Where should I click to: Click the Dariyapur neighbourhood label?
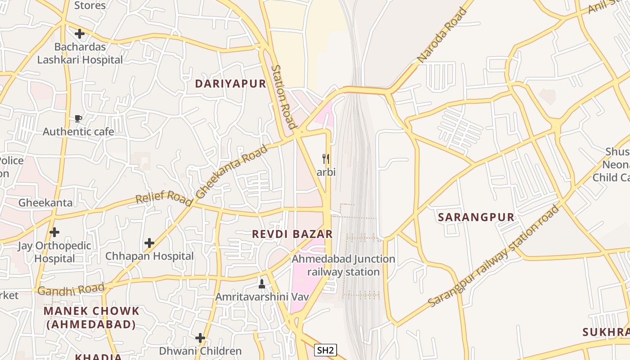tap(230, 84)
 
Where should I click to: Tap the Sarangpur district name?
tap(476, 217)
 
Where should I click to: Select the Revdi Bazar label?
tap(292, 234)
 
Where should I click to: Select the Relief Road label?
tap(164, 198)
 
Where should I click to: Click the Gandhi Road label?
tap(71, 290)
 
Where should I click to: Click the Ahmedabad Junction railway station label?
tap(343, 265)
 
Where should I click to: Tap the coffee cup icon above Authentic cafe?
tap(78, 119)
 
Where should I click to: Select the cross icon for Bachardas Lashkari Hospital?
tap(80, 34)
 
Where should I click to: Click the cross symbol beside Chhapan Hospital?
tap(149, 243)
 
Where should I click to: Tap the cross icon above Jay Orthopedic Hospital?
tap(54, 232)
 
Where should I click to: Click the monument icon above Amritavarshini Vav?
tap(262, 284)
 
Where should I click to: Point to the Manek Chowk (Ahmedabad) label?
tap(91, 317)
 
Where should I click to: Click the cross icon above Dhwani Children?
tap(200, 338)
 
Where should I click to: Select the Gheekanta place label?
tap(45, 202)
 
